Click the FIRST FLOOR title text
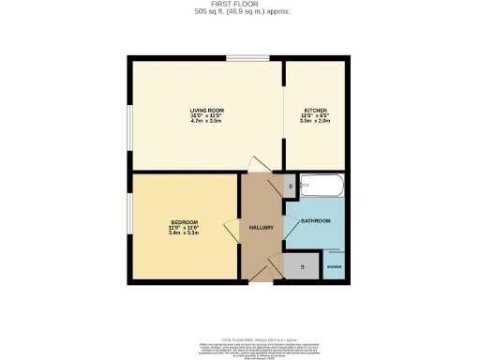coord(240,5)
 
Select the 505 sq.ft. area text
coord(240,13)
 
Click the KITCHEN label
coord(315,110)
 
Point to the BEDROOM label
coord(182,221)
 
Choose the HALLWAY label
coord(261,228)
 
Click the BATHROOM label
coord(315,221)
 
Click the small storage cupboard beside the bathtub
coord(290,187)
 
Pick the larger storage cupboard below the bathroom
coord(303,267)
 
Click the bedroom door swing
coord(232,228)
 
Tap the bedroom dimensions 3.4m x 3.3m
coord(182,232)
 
